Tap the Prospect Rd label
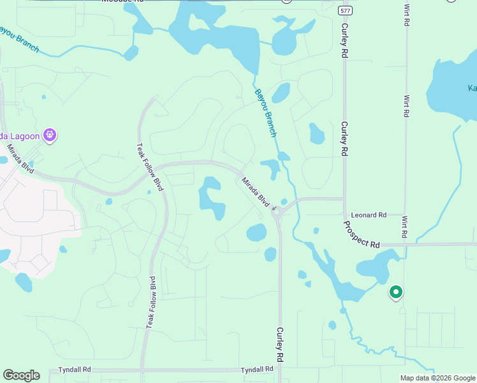[361, 234]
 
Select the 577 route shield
[345, 10]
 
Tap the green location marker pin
[395, 292]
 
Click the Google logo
[21, 375]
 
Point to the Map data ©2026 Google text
[437, 378]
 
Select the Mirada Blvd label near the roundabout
[255, 190]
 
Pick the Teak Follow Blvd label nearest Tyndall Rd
[150, 303]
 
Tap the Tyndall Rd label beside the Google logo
[75, 370]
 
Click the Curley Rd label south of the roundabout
[279, 347]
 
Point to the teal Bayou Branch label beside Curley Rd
[266, 112]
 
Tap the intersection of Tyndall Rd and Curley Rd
[279, 370]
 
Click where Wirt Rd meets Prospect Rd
[404, 244]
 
